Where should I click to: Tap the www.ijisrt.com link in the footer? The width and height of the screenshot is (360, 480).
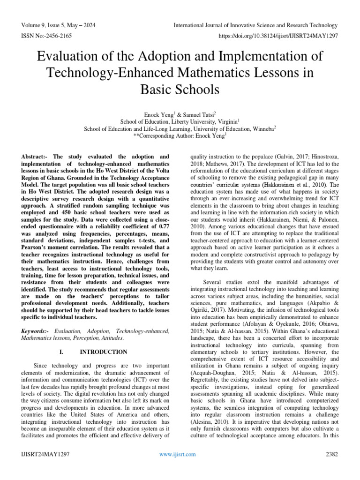click(x=178, y=454)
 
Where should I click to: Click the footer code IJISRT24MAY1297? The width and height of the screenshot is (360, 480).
click(x=45, y=454)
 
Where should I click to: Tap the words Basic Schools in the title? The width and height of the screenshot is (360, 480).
click(x=180, y=89)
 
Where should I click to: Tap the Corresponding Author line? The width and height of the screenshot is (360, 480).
click(x=180, y=135)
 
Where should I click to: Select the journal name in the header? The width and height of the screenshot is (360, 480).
click(x=255, y=25)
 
